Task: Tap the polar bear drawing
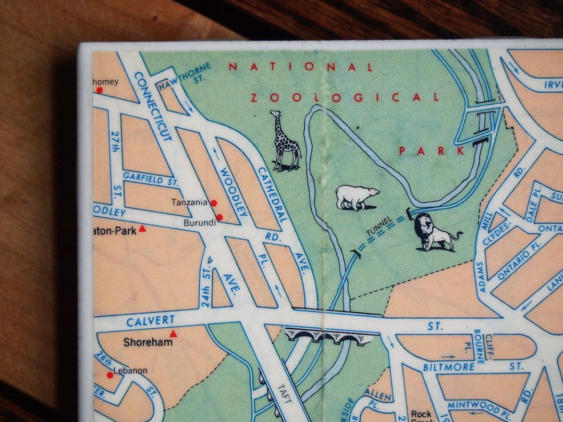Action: click(356, 197)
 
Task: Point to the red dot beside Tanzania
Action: click(213, 203)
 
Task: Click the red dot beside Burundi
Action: click(219, 217)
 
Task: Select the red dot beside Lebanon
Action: click(109, 375)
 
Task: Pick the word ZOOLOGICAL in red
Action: click(345, 97)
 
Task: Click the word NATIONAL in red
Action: click(301, 67)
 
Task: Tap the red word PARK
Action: click(431, 151)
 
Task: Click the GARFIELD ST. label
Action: click(150, 179)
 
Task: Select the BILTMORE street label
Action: click(448, 367)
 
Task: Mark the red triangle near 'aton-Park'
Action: click(143, 229)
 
